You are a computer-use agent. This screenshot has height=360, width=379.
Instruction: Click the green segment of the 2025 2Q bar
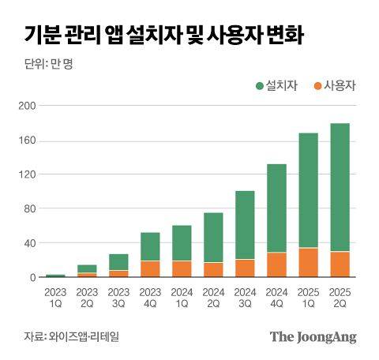pyautogui.click(x=340, y=187)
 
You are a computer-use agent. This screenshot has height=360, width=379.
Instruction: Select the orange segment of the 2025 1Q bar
pyautogui.click(x=308, y=262)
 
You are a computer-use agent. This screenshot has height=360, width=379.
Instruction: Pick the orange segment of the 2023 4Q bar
pyautogui.click(x=150, y=268)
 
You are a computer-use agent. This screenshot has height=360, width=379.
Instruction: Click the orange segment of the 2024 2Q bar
pyautogui.click(x=213, y=269)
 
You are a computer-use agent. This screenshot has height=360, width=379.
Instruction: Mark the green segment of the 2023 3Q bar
pyautogui.click(x=118, y=261)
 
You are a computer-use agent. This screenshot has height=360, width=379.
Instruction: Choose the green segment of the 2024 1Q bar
pyautogui.click(x=182, y=242)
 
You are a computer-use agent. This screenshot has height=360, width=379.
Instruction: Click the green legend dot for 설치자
pyautogui.click(x=258, y=84)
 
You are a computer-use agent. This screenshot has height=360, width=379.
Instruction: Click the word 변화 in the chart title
pyautogui.click(x=280, y=36)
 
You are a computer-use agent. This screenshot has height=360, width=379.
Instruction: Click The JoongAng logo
pyautogui.click(x=313, y=336)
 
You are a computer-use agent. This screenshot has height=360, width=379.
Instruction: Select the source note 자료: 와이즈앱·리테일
pyautogui.click(x=66, y=336)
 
